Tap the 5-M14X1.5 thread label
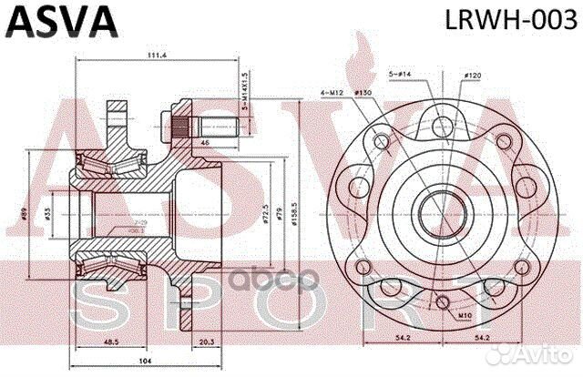pyautogui.click(x=245, y=91)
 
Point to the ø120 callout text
pyautogui.click(x=472, y=74)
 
